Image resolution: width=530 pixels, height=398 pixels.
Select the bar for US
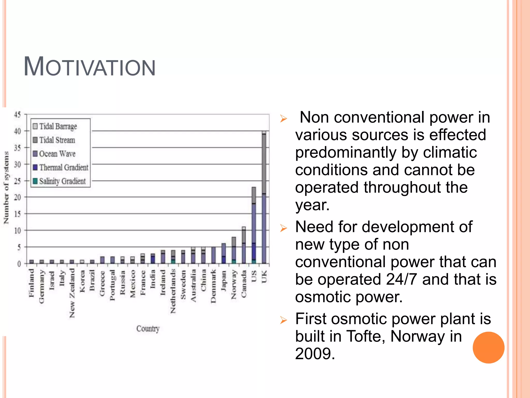[x=254, y=225]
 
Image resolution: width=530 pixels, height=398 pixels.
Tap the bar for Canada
[x=244, y=245]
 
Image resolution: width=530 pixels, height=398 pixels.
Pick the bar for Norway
[x=234, y=250]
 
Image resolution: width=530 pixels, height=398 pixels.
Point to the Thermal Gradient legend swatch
[x=35, y=167]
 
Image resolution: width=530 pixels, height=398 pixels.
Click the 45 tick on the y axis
[x=17, y=115]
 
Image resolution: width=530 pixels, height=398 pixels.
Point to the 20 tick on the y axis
[x=17, y=197]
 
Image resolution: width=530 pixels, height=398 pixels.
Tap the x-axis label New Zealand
[x=72, y=293]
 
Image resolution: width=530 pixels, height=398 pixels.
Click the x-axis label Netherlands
[x=173, y=291]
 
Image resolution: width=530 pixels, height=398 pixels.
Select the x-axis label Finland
[x=31, y=283]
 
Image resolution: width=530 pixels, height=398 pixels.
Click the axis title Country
[x=148, y=329]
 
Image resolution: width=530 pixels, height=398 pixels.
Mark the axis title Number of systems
[x=6, y=188]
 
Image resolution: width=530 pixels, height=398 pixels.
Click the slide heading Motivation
[x=90, y=67]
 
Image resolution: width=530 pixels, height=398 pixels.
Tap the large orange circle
[x=488, y=347]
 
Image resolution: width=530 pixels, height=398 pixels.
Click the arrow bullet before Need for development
[x=284, y=228]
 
